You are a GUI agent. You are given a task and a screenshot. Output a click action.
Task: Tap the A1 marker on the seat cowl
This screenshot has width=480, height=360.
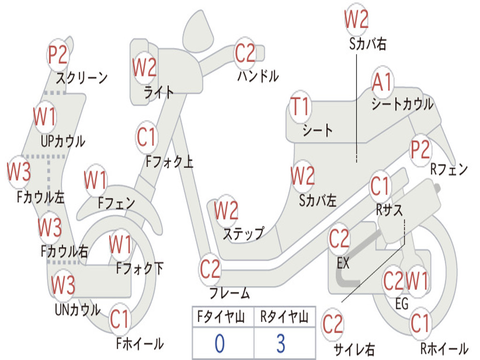pyautogui.click(x=382, y=82)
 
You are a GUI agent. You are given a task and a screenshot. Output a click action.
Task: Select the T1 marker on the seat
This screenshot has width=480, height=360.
pyautogui.click(x=300, y=106)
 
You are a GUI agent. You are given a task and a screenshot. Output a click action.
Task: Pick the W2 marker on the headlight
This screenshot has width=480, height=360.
pyautogui.click(x=144, y=67)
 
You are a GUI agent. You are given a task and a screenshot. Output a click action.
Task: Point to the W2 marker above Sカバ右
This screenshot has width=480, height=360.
pyautogui.click(x=356, y=19)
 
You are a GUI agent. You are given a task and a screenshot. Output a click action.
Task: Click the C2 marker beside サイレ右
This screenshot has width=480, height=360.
pyautogui.click(x=333, y=324)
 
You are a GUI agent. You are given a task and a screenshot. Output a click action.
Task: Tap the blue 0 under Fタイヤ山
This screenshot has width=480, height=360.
pyautogui.click(x=220, y=343)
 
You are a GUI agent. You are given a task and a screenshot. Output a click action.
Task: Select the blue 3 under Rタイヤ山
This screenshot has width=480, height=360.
pyautogui.click(x=281, y=343)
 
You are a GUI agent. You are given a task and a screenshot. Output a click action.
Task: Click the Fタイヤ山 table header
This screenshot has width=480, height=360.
pyautogui.click(x=221, y=317)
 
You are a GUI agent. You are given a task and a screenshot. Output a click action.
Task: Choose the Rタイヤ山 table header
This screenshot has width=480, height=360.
pyautogui.click(x=285, y=317)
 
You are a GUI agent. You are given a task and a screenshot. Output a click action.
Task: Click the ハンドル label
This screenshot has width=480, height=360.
pyautogui.click(x=258, y=76)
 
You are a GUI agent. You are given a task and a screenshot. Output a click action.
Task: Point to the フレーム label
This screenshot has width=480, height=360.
pyautogui.click(x=230, y=293)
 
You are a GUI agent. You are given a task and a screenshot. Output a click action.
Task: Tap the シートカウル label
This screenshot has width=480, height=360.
pyautogui.click(x=403, y=104)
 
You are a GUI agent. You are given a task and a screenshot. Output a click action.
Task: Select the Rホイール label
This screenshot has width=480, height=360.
pyautogui.click(x=444, y=349)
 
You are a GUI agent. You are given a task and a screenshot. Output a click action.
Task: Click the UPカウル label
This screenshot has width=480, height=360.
pyautogui.click(x=63, y=142)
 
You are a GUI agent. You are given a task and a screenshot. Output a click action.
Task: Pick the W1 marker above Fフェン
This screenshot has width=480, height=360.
pyautogui.click(x=96, y=180)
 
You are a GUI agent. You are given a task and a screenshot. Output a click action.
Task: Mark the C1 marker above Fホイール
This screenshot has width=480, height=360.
pyautogui.click(x=120, y=319)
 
